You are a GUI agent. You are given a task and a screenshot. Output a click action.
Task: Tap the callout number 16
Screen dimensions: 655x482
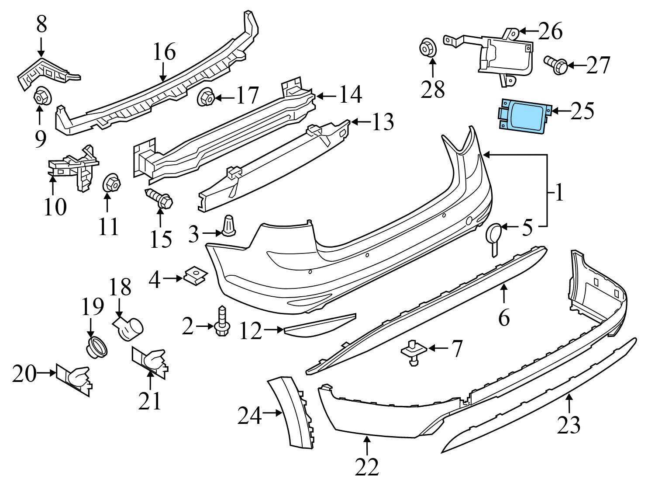(x=165, y=52)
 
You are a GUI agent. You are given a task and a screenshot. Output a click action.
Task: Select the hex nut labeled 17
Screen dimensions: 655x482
(x=206, y=98)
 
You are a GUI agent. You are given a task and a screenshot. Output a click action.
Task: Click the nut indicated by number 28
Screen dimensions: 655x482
(x=428, y=49)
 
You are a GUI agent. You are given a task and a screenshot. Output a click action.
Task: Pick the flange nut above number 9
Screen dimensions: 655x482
(x=41, y=96)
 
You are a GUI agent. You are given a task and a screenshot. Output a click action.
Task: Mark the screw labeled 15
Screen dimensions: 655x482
(x=159, y=199)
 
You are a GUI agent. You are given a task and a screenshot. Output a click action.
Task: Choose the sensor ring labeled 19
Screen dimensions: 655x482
(x=97, y=347)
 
